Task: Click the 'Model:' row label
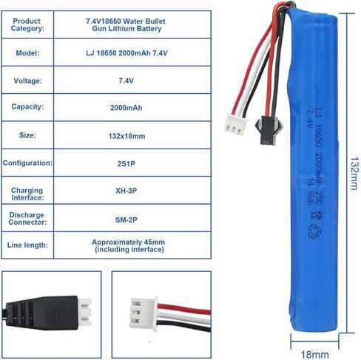tap(27, 53)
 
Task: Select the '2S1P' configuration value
tap(126, 164)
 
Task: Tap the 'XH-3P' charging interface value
tap(126, 191)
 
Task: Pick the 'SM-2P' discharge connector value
tap(126, 220)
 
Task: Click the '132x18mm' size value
tap(126, 136)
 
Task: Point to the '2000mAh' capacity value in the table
tap(126, 108)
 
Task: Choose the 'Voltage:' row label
tap(27, 81)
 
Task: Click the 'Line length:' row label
tap(27, 245)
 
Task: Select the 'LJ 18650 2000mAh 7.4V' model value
tap(126, 53)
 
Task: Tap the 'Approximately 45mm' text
tap(129, 242)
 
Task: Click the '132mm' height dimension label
tap(354, 174)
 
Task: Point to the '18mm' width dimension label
tap(314, 355)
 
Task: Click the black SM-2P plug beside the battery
tap(269, 129)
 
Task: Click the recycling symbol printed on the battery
tap(314, 231)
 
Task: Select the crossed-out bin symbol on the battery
tap(316, 215)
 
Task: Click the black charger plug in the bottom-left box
tap(41, 313)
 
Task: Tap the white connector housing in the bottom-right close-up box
tap(144, 313)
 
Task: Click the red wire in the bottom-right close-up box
tap(184, 309)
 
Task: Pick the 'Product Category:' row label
tap(27, 24)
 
